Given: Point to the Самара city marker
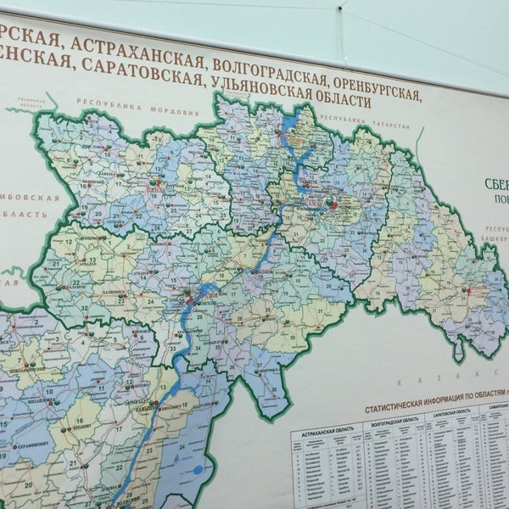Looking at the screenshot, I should (x=333, y=204).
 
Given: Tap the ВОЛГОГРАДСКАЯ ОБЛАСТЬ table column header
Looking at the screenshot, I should (x=391, y=418).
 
